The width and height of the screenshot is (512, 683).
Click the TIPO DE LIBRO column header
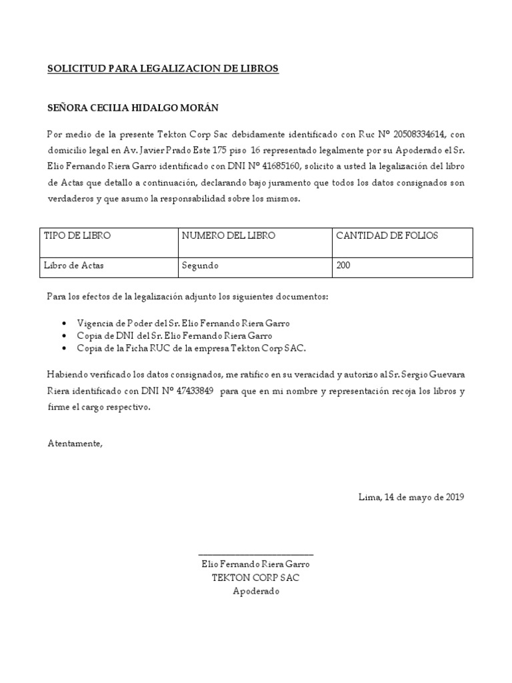point(77,236)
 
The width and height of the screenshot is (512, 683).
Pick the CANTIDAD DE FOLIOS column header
point(387,236)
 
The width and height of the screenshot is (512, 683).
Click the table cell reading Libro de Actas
point(73,265)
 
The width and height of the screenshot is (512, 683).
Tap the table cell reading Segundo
point(200,265)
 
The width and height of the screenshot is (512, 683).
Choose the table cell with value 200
point(343,265)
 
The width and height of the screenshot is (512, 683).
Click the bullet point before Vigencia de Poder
point(63,323)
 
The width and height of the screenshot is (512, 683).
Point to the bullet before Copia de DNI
point(63,336)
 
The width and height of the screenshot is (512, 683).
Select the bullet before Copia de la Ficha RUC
point(63,349)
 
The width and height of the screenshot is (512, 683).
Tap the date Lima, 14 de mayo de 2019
point(411,497)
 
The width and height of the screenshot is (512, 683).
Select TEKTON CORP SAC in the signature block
point(256,578)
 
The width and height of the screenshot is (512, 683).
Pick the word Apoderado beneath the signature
point(256,591)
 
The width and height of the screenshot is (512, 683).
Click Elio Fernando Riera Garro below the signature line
point(256,564)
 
